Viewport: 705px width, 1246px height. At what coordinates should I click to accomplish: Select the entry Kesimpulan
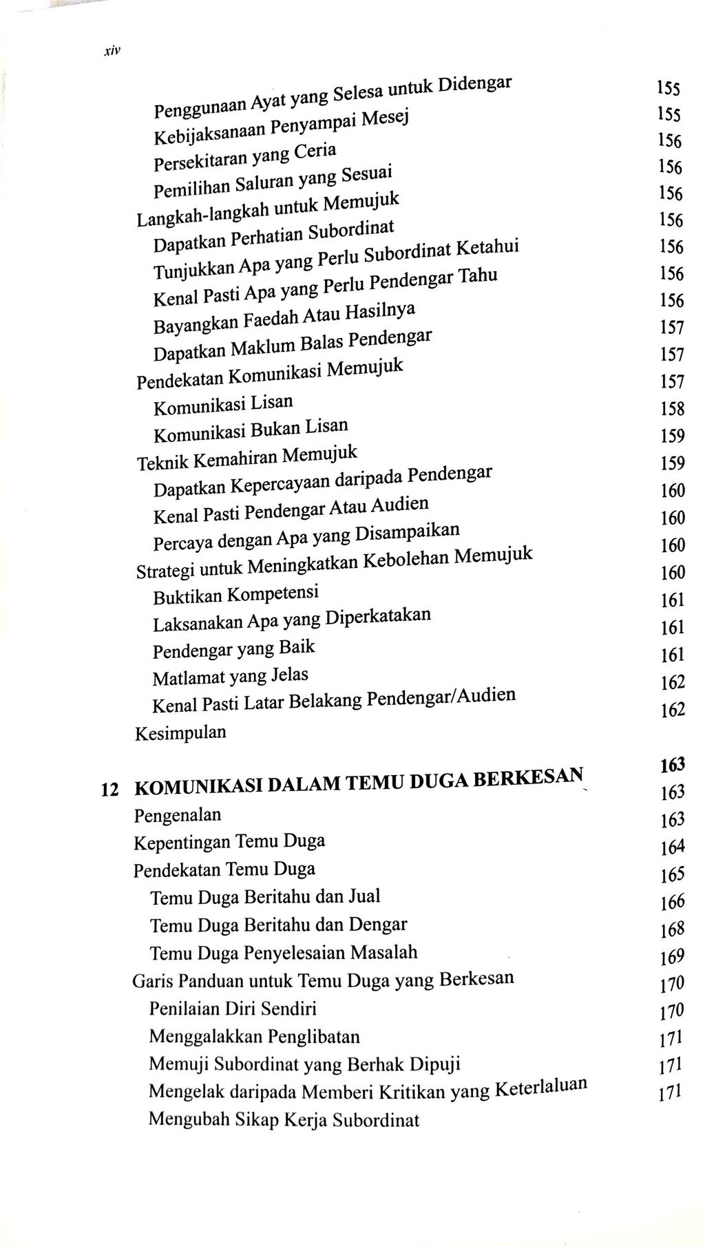coord(180,732)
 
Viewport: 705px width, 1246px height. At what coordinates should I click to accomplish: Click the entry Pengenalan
coord(178,816)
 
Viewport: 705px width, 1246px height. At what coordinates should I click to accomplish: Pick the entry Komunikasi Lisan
coord(223,404)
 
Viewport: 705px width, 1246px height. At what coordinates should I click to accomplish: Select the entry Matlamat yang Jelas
coord(230,677)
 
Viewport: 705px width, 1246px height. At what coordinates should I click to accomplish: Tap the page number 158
coord(672,409)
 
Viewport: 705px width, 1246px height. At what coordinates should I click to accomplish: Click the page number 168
coord(671,929)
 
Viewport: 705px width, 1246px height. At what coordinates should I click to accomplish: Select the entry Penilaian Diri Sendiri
coord(233,1009)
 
